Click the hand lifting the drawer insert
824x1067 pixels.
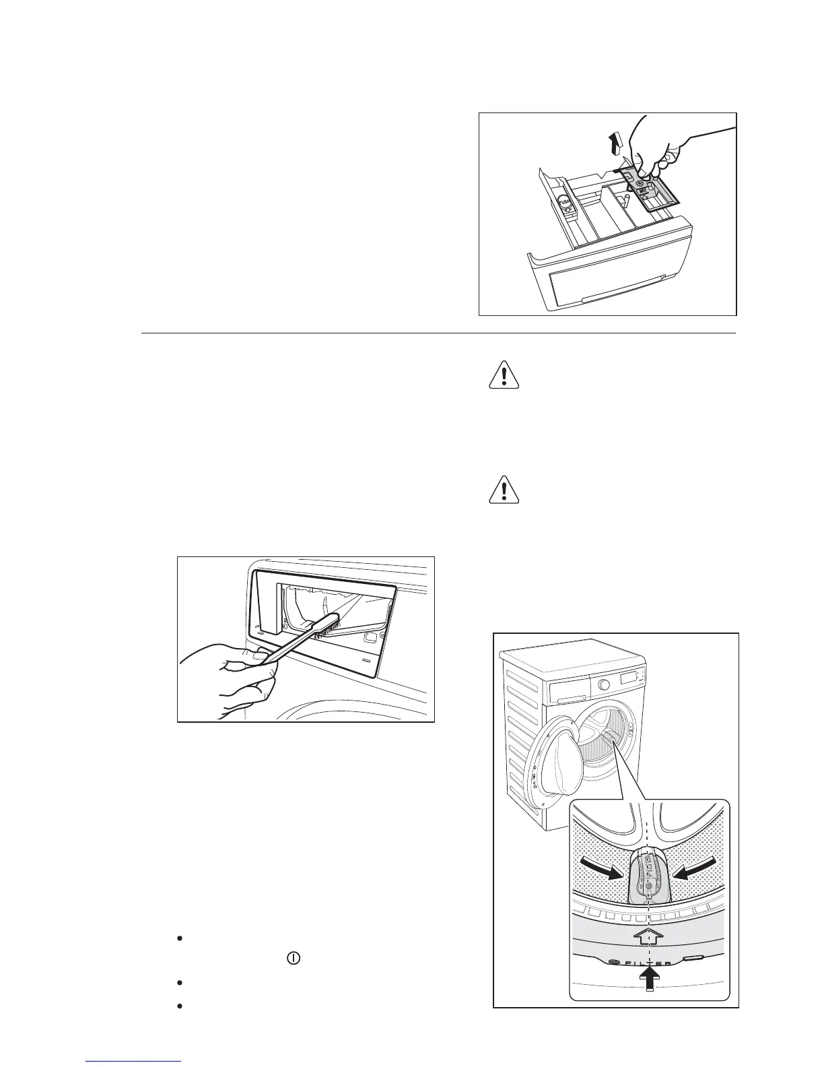(666, 141)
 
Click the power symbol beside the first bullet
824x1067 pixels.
(293, 957)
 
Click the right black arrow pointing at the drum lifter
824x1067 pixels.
(691, 870)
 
